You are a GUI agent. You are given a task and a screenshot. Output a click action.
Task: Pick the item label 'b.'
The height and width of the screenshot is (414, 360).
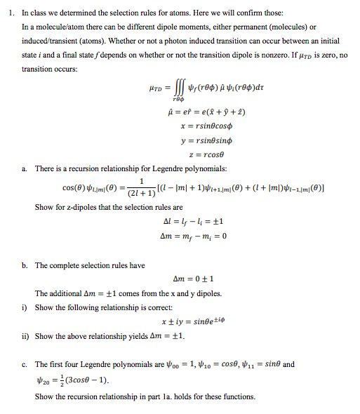pyautogui.click(x=25, y=266)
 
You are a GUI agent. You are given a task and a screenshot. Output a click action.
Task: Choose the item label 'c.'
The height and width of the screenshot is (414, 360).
pyautogui.click(x=25, y=364)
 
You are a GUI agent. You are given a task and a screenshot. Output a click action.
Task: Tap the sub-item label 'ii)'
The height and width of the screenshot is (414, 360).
pyautogui.click(x=25, y=336)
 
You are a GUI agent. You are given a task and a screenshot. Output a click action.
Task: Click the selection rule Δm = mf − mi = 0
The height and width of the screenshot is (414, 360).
pyautogui.click(x=192, y=234)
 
